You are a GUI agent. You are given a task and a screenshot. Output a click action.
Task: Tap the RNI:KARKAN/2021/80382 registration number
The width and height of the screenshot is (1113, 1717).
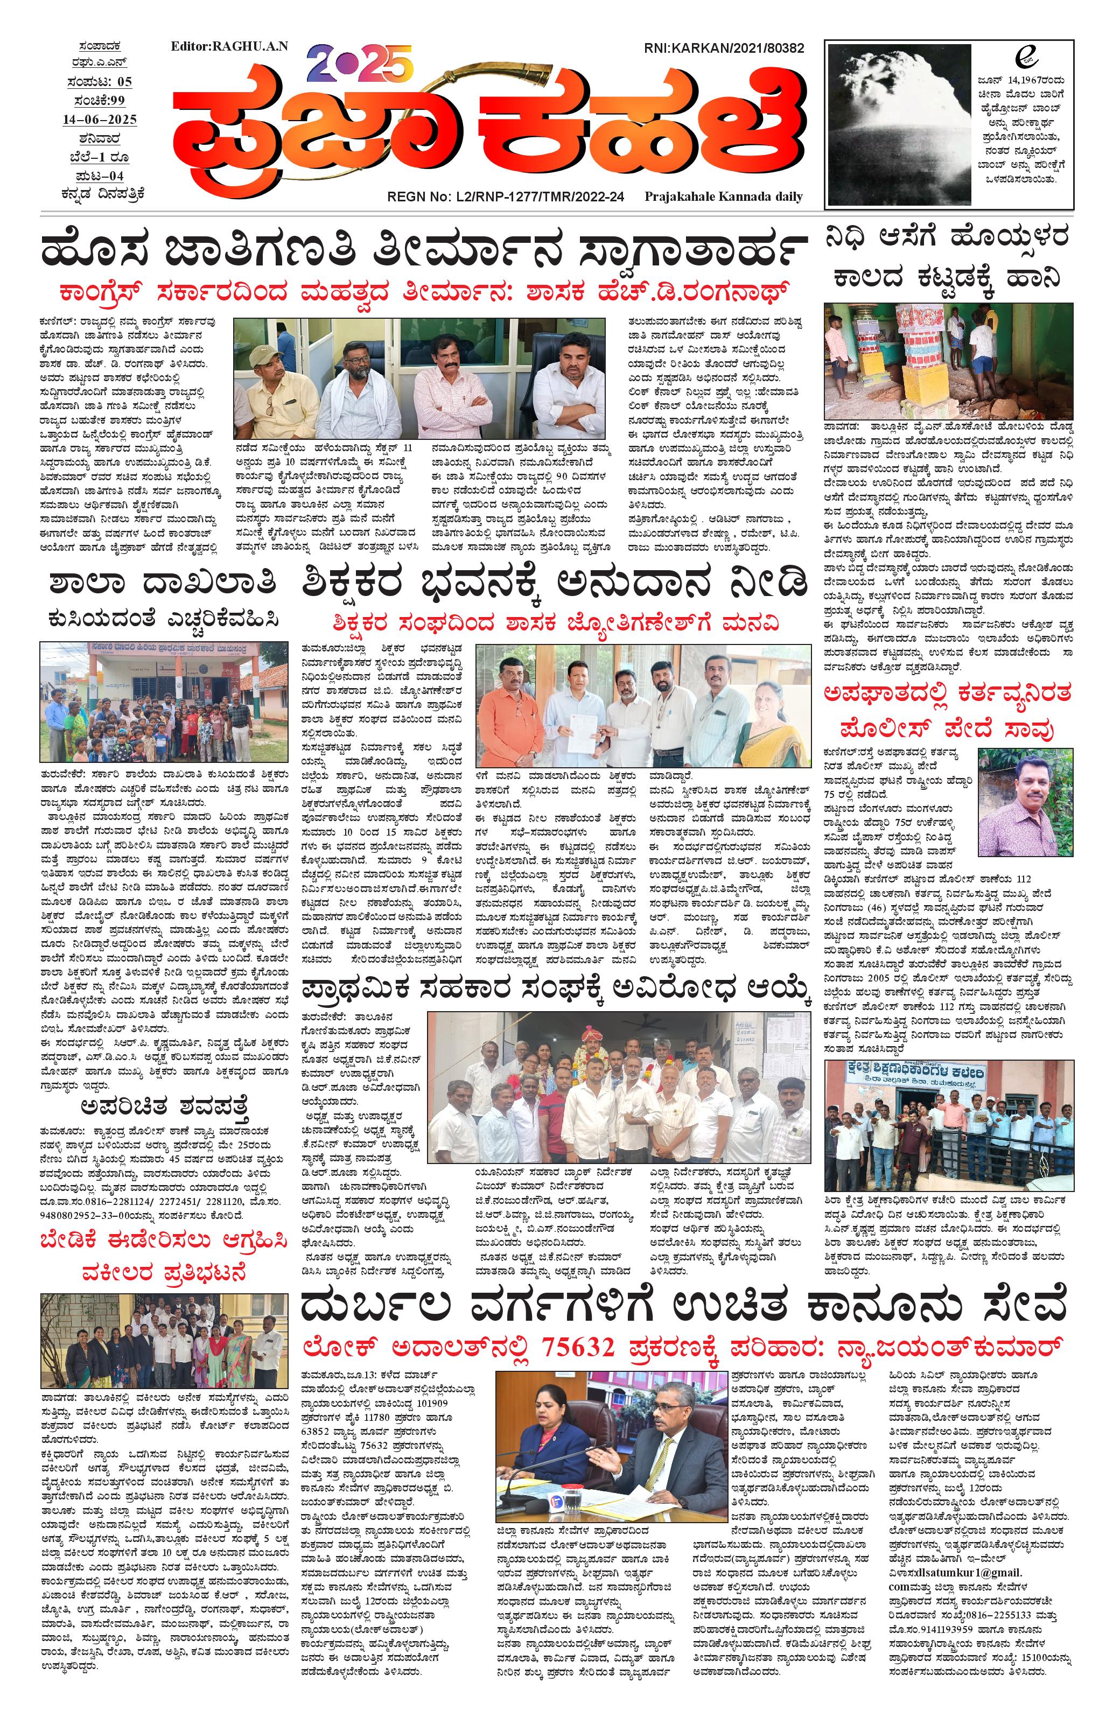pyautogui.click(x=724, y=48)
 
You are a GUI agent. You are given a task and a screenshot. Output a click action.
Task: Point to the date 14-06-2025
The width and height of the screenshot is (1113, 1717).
pyautogui.click(x=100, y=119)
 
